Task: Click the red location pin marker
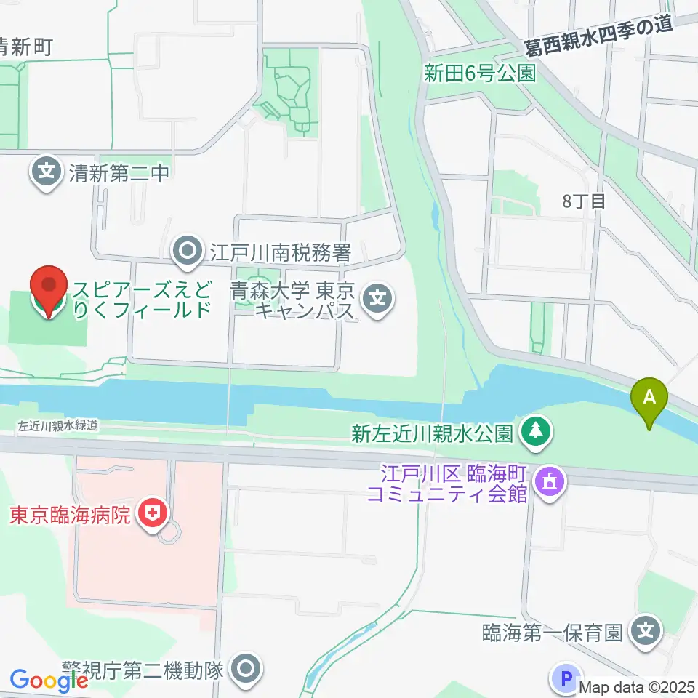(49, 291)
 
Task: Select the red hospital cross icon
(153, 516)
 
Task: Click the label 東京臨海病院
(70, 516)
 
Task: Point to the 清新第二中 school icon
(47, 172)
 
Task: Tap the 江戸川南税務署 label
(281, 253)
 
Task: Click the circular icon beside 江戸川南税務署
(189, 252)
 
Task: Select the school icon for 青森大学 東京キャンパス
(377, 298)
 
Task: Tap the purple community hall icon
(550, 482)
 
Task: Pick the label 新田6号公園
(481, 73)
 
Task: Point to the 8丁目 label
(583, 201)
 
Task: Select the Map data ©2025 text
(637, 686)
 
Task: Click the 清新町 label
(25, 48)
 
